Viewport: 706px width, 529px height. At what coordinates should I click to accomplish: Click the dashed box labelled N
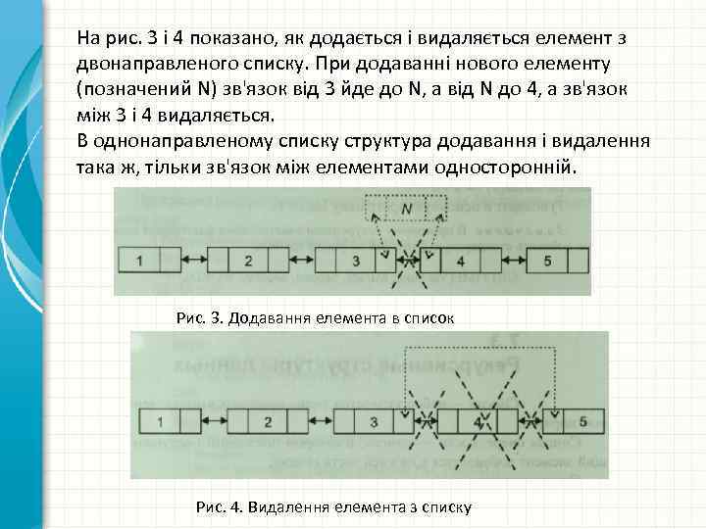pyautogui.click(x=406, y=209)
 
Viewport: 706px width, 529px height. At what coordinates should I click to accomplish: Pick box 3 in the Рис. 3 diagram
pyautogui.click(x=354, y=262)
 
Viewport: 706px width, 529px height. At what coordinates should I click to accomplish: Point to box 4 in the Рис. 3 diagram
pyautogui.click(x=459, y=262)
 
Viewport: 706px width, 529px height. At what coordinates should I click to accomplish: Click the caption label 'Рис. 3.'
pyautogui.click(x=199, y=317)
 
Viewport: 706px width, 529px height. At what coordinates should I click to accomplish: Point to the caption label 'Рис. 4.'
pyautogui.click(x=221, y=507)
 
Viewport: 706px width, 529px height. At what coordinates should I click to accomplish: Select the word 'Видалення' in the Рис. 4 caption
pyautogui.click(x=289, y=507)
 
